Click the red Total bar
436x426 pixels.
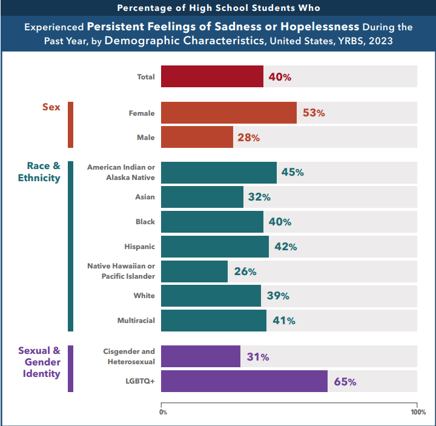(212, 77)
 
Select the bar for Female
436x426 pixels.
(228, 113)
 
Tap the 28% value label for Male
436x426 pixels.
(248, 138)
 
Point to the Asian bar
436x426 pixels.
(202, 197)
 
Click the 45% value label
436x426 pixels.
(292, 172)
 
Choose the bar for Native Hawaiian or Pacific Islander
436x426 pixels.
(194, 271)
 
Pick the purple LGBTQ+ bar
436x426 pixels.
(244, 382)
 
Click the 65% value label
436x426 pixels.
(345, 382)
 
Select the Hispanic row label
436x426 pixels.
(140, 247)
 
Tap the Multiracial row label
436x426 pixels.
(136, 321)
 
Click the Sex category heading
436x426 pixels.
(51, 107)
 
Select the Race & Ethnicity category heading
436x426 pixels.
(43, 171)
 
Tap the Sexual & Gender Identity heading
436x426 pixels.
(39, 362)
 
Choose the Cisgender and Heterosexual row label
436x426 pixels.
(130, 356)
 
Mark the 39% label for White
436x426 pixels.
(278, 296)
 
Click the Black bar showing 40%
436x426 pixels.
(212, 222)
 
